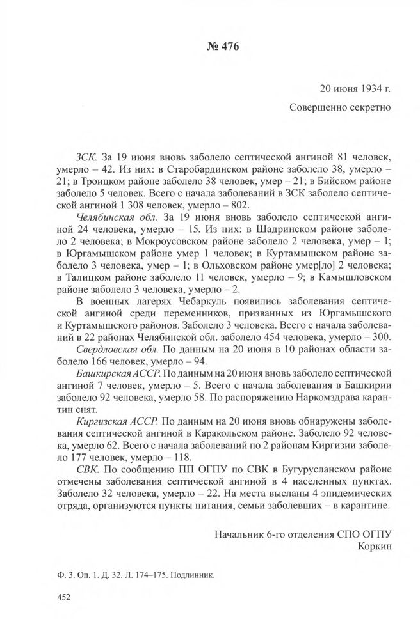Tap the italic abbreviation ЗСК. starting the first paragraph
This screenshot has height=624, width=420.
point(85,155)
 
